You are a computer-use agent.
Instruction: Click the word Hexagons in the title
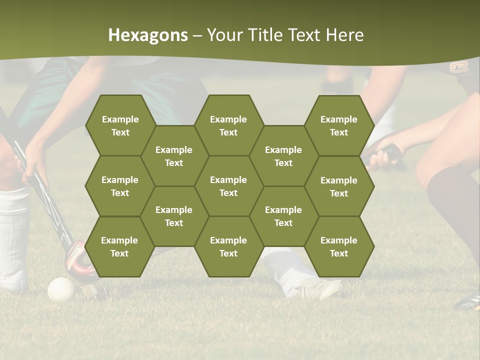pyautogui.click(x=148, y=35)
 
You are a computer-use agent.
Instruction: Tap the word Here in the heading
pyautogui.click(x=344, y=35)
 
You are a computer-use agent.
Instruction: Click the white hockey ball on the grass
pyautogui.click(x=61, y=289)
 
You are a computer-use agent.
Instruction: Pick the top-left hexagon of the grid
pyautogui.click(x=120, y=125)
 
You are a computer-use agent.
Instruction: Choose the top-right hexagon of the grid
pyautogui.click(x=339, y=125)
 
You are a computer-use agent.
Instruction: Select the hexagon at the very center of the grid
pyautogui.click(x=228, y=186)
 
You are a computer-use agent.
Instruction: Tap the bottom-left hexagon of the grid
pyautogui.click(x=119, y=246)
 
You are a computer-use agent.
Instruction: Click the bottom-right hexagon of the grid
pyautogui.click(x=339, y=246)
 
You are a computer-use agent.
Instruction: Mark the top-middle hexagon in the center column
pyautogui.click(x=228, y=125)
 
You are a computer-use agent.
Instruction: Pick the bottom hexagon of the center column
pyautogui.click(x=228, y=246)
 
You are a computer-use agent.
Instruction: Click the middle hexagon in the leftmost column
pyautogui.click(x=120, y=186)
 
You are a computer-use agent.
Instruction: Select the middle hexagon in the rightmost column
pyautogui.click(x=339, y=186)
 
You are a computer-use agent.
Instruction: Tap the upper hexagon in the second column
pyautogui.click(x=174, y=156)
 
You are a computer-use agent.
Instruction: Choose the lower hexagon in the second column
pyautogui.click(x=174, y=216)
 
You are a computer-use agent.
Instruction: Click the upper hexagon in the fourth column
pyautogui.click(x=283, y=156)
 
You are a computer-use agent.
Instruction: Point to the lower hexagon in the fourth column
pyautogui.click(x=283, y=216)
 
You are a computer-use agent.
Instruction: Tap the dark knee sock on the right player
pyautogui.click(x=452, y=200)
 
